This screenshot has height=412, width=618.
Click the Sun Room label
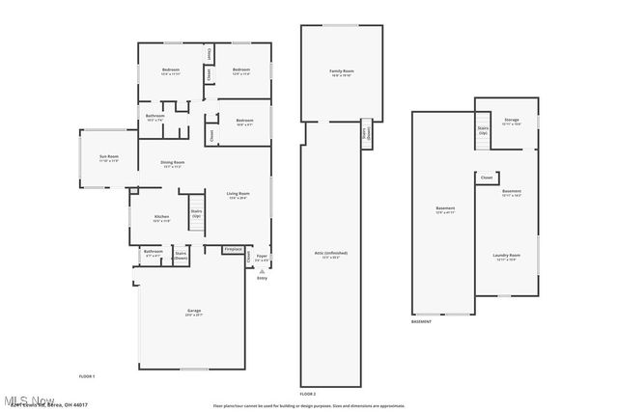pos(109,157)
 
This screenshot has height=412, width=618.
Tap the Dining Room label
pos(173,165)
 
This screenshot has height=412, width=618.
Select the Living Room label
pos(238,196)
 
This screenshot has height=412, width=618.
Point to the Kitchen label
pos(162,218)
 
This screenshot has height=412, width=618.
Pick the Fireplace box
pos(233,249)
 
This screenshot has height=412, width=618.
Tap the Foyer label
pos(262,258)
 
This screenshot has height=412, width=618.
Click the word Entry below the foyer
pos(262,279)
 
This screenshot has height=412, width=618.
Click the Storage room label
pos(512,122)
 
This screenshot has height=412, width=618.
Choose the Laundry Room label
pos(507,257)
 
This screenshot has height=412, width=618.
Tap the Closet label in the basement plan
pos(487,178)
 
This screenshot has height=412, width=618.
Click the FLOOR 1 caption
pos(87,375)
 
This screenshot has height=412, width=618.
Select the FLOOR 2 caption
pos(308,395)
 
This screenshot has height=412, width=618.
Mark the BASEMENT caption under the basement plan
pos(422,322)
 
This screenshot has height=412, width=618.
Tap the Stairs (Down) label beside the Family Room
pos(367,134)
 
